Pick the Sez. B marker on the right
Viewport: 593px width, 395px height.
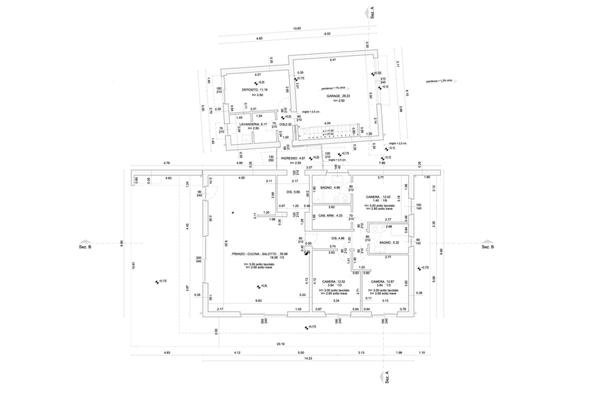coord(487,246)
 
